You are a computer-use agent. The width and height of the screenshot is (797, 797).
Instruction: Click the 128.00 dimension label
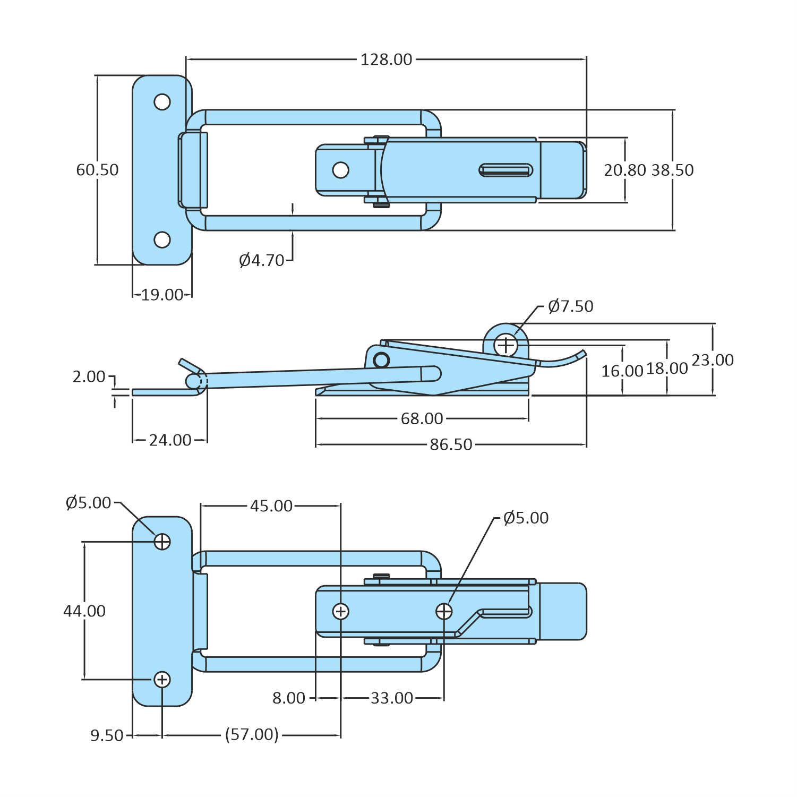pyautogui.click(x=386, y=59)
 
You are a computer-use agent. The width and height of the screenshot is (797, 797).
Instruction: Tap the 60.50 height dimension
pyautogui.click(x=97, y=170)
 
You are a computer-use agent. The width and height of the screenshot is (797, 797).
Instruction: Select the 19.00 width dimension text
pyautogui.click(x=162, y=295)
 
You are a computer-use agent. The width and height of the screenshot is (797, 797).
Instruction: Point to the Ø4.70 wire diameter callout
pyautogui.click(x=262, y=260)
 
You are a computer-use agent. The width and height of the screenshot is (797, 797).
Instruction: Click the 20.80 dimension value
pyautogui.click(x=625, y=170)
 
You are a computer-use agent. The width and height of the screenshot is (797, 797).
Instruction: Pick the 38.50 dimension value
pyautogui.click(x=672, y=170)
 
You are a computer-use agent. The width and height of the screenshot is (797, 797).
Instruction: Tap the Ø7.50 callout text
pyautogui.click(x=570, y=306)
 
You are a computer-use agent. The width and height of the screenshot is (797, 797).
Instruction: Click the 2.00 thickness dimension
pyautogui.click(x=89, y=376)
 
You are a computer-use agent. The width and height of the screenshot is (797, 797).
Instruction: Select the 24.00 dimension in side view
pyautogui.click(x=170, y=440)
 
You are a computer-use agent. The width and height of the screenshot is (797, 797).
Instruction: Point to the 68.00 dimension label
pyautogui.click(x=422, y=419)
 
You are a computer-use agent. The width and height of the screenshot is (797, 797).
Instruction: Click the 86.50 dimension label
pyautogui.click(x=451, y=444)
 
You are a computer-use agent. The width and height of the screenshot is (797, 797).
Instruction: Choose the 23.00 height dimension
pyautogui.click(x=713, y=360)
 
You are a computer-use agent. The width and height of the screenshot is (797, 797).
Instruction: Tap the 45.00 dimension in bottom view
pyautogui.click(x=271, y=506)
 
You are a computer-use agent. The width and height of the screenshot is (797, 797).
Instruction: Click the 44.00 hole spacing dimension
pyautogui.click(x=84, y=611)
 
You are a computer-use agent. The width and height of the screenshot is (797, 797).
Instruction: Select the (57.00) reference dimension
pyautogui.click(x=252, y=735)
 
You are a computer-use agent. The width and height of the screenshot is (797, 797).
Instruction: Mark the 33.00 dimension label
pyautogui.click(x=392, y=698)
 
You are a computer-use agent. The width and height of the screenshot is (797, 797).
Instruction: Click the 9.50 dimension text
pyautogui.click(x=107, y=735)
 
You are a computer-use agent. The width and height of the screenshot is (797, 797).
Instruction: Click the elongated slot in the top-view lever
pyautogui.click(x=505, y=170)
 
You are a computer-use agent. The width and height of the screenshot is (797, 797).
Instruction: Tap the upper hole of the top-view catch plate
pyautogui.click(x=162, y=101)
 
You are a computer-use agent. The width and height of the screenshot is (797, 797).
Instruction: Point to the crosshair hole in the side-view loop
pyautogui.click(x=506, y=345)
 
